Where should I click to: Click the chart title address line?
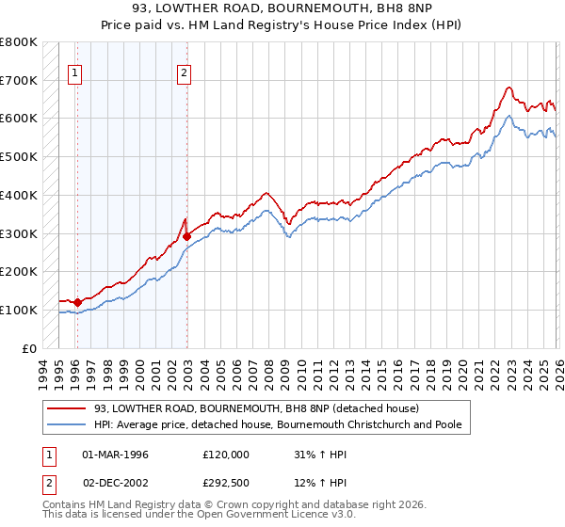click(282, 8)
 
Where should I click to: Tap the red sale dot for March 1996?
click(77, 302)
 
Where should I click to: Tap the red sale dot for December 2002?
click(186, 236)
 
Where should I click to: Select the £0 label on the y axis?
click(29, 348)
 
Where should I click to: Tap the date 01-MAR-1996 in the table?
click(115, 454)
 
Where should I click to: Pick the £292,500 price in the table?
click(226, 484)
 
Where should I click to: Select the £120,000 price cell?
click(226, 454)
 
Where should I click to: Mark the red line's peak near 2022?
click(508, 88)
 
